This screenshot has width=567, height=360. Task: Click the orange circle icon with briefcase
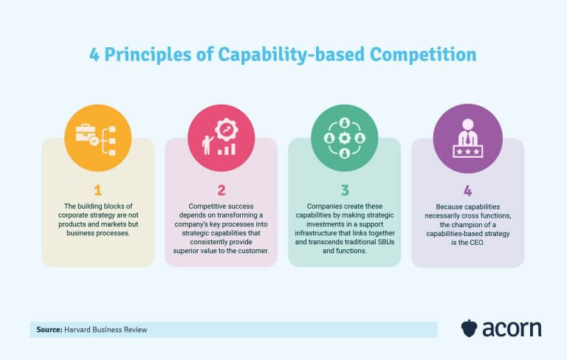pos(98,138)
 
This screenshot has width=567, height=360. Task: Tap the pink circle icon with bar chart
pos(221,138)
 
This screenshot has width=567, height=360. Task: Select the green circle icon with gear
pos(344,138)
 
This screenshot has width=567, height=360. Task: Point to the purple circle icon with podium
pos(467,138)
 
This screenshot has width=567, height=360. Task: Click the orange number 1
pos(98,190)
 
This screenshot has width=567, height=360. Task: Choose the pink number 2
pos(221,190)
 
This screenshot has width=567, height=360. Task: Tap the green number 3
pos(344,190)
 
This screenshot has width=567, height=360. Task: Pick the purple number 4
pos(467,190)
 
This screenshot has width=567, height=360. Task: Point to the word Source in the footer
pos(47,330)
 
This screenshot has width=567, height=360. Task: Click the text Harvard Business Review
pos(106,330)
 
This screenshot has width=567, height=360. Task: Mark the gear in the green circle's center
pos(344,138)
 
